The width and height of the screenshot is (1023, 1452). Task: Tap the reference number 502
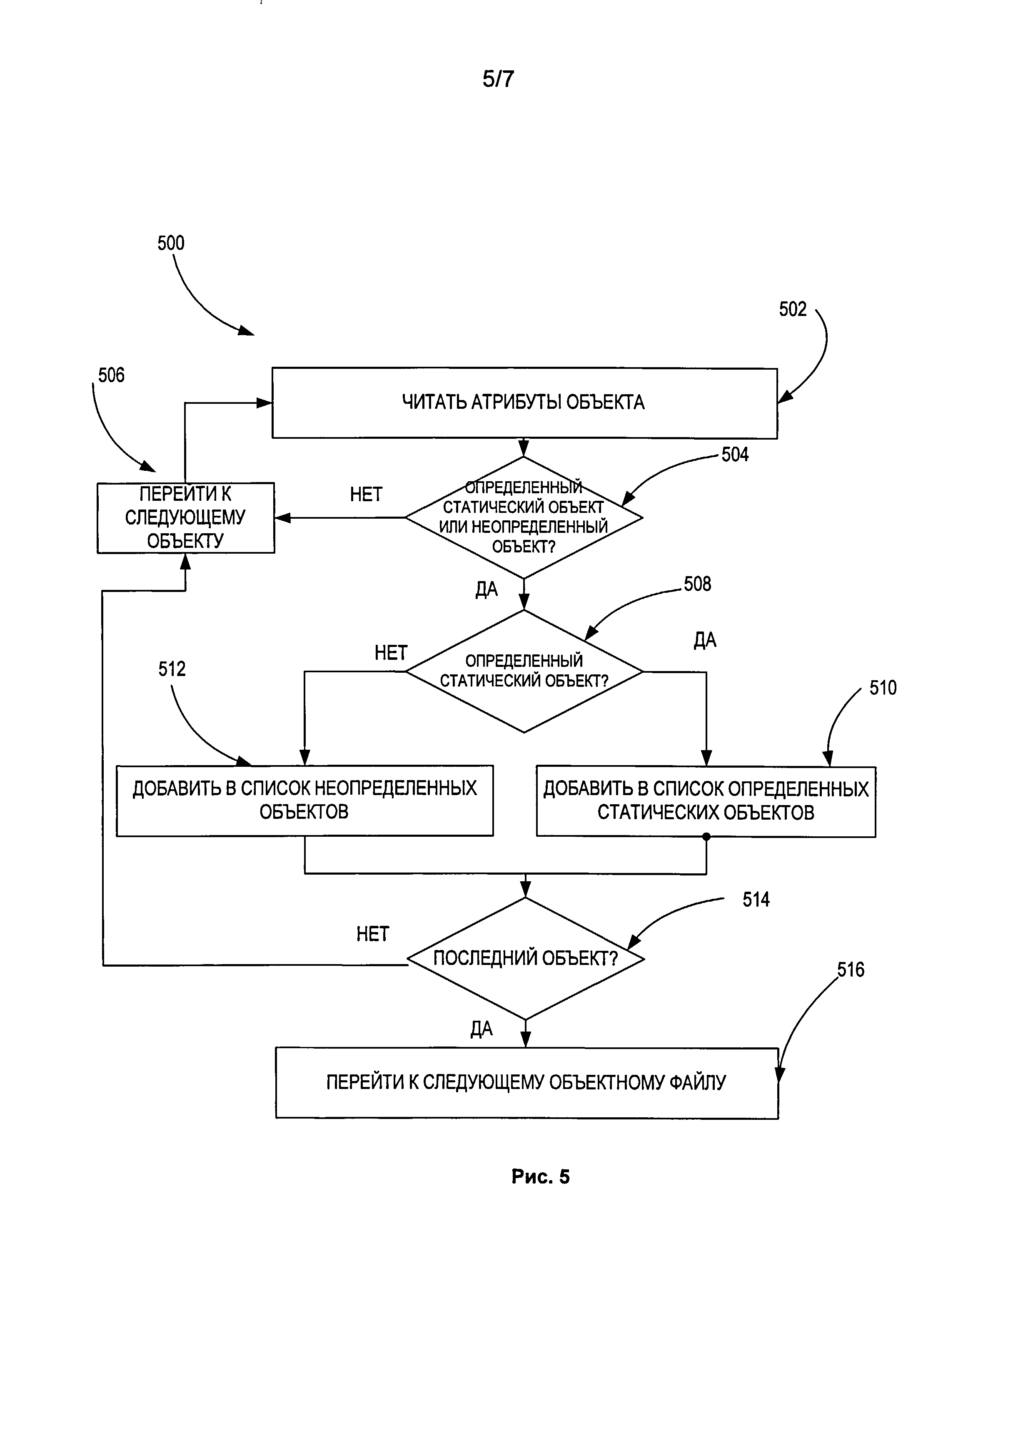point(793,309)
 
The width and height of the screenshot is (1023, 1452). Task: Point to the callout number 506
point(111,375)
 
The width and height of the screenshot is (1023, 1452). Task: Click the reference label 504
point(735,455)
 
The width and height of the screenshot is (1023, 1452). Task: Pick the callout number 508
point(697,584)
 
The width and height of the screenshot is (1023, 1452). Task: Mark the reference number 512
point(172,669)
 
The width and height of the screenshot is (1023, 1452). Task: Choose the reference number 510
point(883,688)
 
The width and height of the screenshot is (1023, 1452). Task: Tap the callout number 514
point(756,900)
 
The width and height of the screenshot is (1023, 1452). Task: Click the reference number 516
point(851,970)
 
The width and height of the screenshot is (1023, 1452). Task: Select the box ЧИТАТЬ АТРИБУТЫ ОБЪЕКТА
point(524,403)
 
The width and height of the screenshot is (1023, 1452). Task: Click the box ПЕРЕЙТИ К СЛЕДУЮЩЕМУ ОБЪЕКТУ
point(185,518)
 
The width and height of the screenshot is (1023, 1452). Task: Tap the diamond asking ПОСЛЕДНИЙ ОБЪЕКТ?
point(525,959)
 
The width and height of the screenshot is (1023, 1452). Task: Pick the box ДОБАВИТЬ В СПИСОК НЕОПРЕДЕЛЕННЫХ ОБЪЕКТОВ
point(304,801)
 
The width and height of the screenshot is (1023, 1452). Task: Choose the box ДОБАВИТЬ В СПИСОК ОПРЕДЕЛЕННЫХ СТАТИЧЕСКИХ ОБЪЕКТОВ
point(706,801)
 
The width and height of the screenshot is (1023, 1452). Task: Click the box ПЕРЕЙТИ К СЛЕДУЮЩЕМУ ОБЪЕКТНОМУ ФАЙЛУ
point(526,1083)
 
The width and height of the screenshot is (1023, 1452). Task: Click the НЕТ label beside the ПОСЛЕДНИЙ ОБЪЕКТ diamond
point(373,935)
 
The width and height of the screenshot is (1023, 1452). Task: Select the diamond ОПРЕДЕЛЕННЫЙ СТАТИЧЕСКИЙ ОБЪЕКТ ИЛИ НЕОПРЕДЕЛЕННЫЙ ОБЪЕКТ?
point(524,517)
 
